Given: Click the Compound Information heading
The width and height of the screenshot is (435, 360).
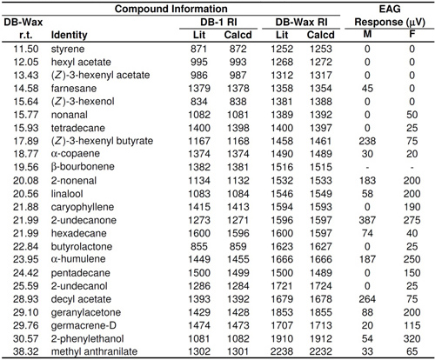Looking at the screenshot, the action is coord(171,9).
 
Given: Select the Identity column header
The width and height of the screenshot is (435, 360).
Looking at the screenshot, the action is coord(69,35).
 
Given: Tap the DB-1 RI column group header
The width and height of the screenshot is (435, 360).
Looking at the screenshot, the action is coord(218,22).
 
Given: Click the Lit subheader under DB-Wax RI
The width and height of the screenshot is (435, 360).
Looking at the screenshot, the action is coord(282,35).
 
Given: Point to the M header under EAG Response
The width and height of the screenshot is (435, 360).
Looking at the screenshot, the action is coord(367,34).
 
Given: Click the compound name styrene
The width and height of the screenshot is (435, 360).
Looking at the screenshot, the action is coord(68,49).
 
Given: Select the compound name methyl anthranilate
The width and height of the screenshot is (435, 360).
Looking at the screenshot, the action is coord(94,351).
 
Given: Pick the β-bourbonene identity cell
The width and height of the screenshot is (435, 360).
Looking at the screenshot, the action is coord(83,167).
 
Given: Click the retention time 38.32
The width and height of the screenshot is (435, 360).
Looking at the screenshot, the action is coord(25,351).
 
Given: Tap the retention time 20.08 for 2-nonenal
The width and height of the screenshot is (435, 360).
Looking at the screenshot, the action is coord(25,181).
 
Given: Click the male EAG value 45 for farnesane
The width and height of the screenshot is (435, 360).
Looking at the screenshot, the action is coord(367,89).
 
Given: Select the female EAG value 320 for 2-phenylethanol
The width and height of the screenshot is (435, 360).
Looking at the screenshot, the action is coord(412,338).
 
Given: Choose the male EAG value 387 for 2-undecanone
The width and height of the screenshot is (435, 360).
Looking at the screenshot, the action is coord(367,220).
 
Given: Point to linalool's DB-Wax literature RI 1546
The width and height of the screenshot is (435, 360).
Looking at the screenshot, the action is coord(282,194).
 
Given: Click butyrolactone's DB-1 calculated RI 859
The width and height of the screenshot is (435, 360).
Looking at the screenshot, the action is coord(238,246).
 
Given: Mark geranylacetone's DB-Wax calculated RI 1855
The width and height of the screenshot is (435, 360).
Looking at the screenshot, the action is coord(320,312).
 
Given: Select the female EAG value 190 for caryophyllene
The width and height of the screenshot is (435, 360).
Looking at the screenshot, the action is coord(412,207).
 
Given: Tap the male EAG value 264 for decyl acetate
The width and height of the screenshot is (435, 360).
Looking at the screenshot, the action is coord(367,299).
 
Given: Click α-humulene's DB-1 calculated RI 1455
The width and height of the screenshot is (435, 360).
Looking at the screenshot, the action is coord(238,259).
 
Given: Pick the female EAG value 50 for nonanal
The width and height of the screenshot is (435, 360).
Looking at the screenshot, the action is coord(412,115).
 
